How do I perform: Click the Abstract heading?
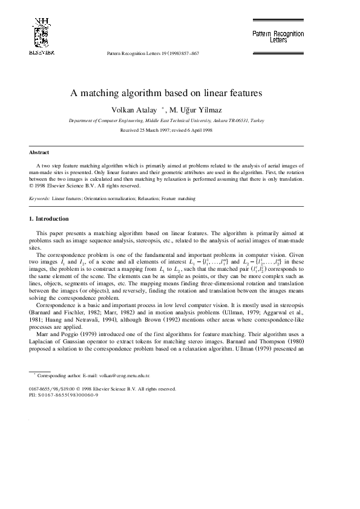coord(39,152)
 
